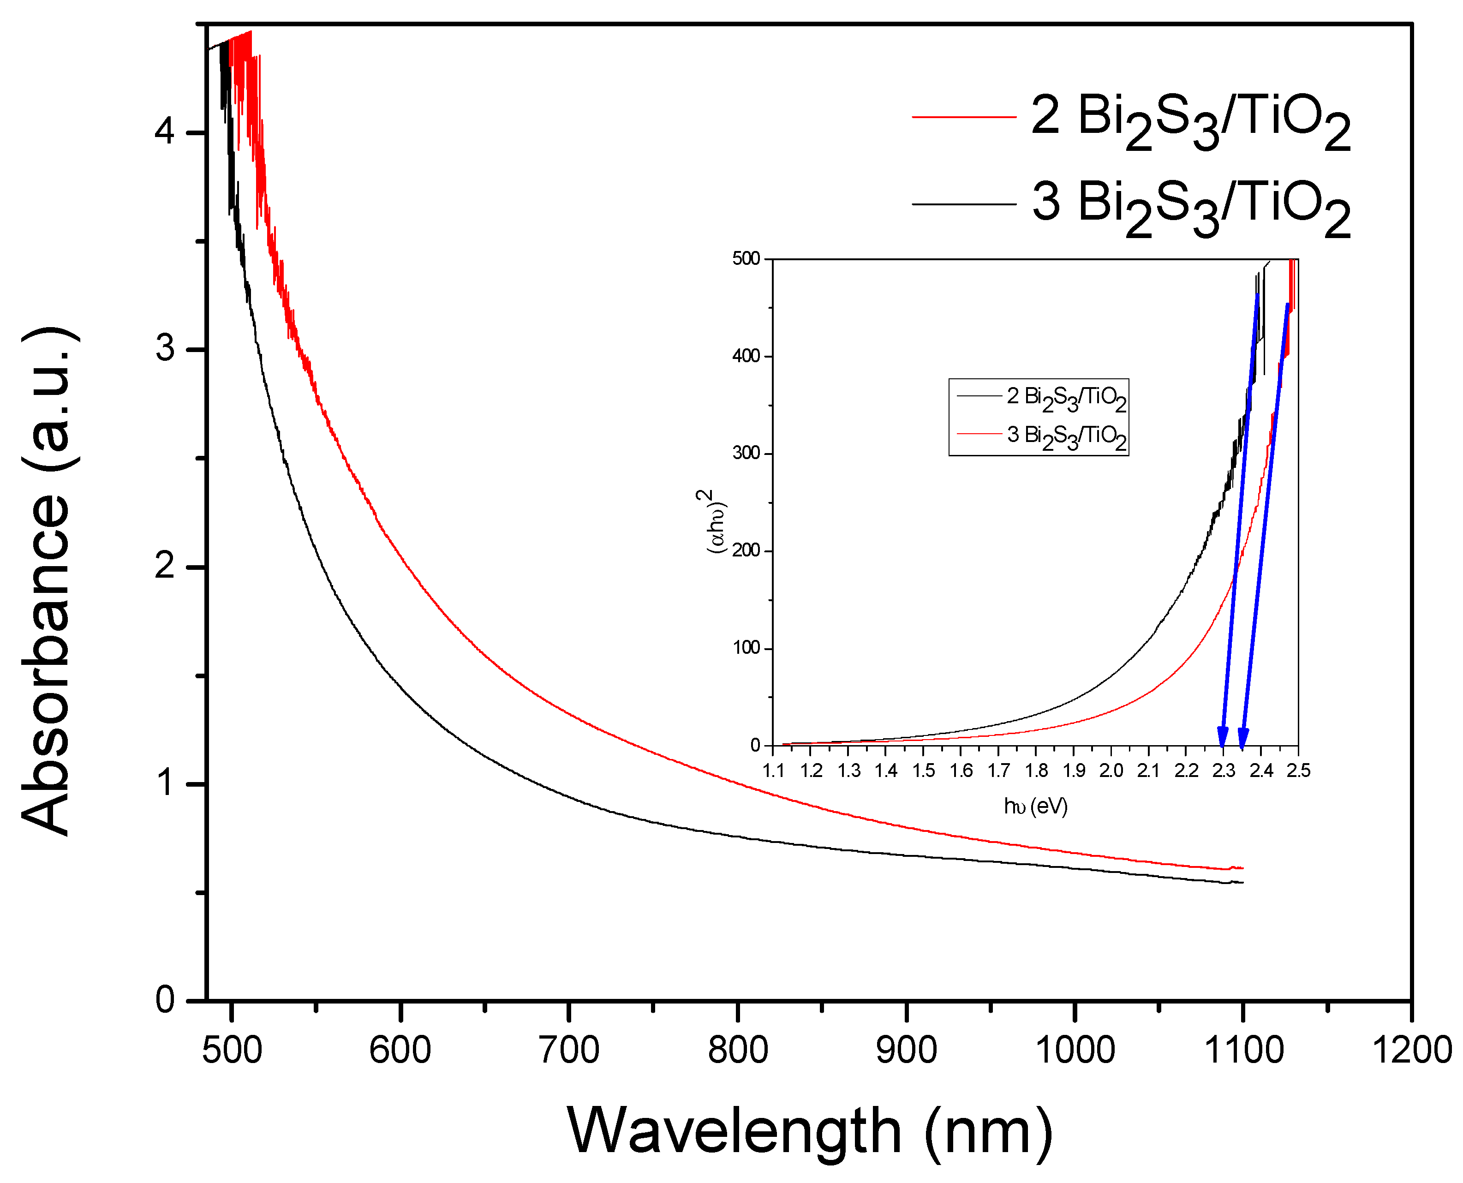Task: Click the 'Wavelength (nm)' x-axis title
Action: pyautogui.click(x=810, y=1131)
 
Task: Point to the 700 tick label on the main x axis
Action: pyautogui.click(x=569, y=1050)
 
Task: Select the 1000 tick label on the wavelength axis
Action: pyautogui.click(x=1075, y=1050)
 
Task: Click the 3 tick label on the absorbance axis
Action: pyautogui.click(x=166, y=349)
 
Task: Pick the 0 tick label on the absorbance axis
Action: pyautogui.click(x=166, y=1000)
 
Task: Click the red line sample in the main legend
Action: pyautogui.click(x=963, y=117)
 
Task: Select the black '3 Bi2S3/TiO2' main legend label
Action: pyautogui.click(x=1190, y=204)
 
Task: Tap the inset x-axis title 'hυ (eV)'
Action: pyautogui.click(x=1035, y=807)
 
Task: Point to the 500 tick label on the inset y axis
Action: pyautogui.click(x=746, y=259)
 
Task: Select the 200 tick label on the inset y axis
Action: pyautogui.click(x=746, y=550)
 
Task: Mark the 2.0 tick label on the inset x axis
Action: pyautogui.click(x=1111, y=771)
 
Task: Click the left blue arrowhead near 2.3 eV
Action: pyautogui.click(x=1223, y=739)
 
